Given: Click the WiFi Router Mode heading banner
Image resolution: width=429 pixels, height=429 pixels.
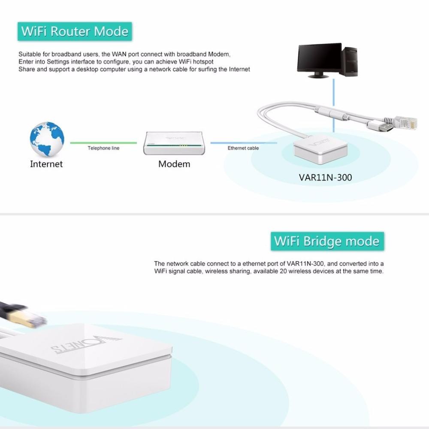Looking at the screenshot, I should (75, 32).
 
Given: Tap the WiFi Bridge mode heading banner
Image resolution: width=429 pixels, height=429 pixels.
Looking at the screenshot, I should (327, 241).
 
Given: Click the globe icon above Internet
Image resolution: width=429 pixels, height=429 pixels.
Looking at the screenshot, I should (47, 139).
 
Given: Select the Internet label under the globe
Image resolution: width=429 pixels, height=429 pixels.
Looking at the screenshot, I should (46, 164).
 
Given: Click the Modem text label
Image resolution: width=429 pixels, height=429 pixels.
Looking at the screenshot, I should (174, 164).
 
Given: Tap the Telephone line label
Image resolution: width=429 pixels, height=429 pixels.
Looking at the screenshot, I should (103, 148).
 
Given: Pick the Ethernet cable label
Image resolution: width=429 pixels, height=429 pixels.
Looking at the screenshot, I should (243, 148).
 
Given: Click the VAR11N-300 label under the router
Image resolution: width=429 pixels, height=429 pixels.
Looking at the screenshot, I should (325, 177).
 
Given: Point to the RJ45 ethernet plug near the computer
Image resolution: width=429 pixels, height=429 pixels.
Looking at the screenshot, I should (405, 122).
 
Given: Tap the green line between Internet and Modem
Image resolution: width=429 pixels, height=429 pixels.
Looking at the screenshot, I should (103, 143).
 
